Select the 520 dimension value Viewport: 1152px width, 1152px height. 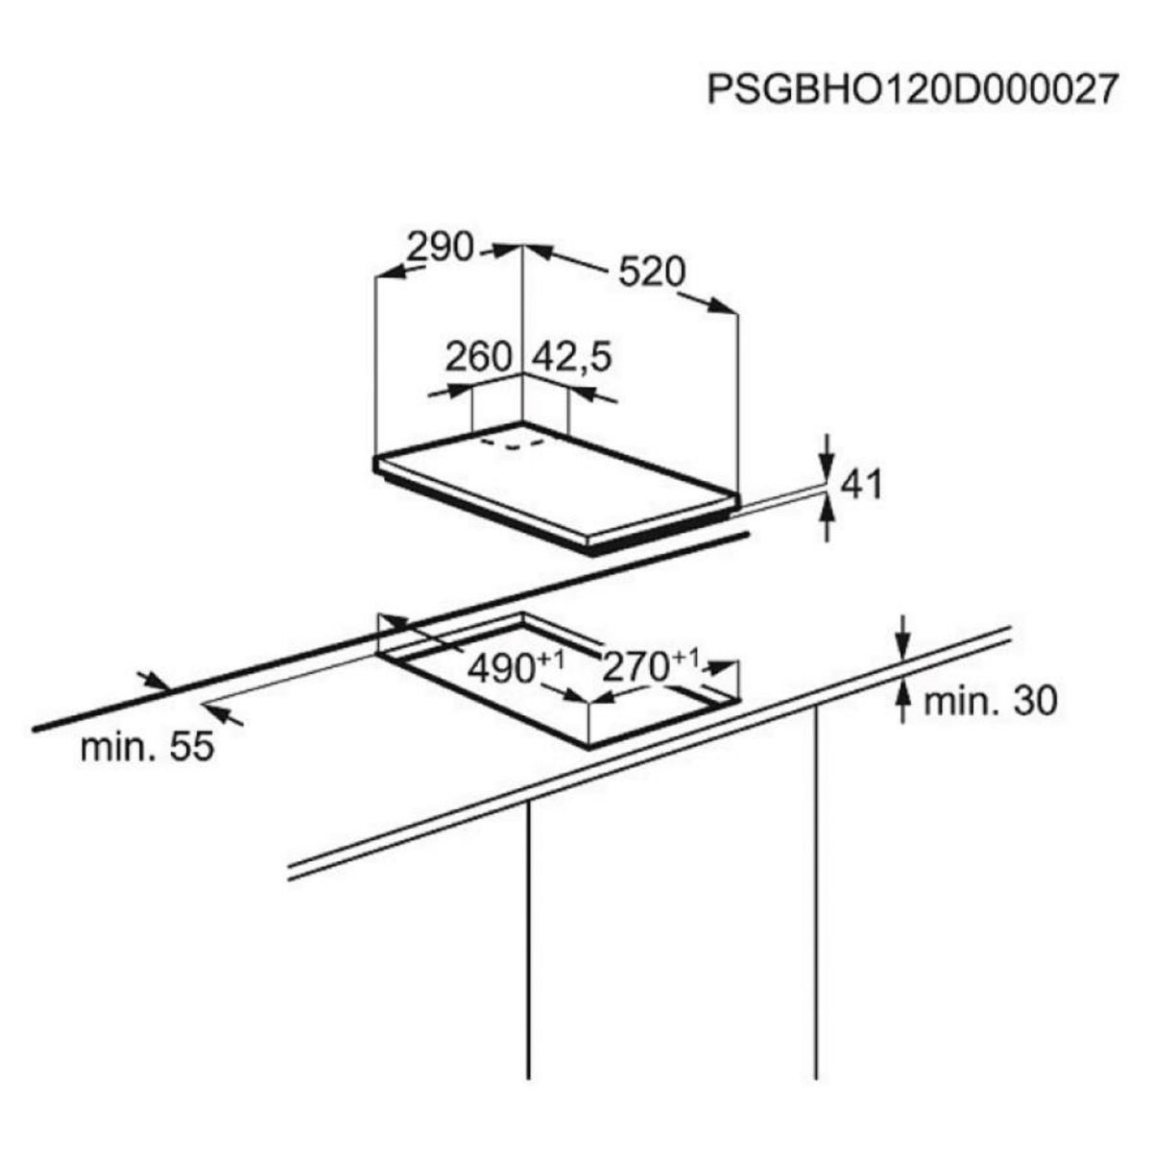tap(651, 272)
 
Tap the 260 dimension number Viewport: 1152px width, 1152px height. tap(479, 357)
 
